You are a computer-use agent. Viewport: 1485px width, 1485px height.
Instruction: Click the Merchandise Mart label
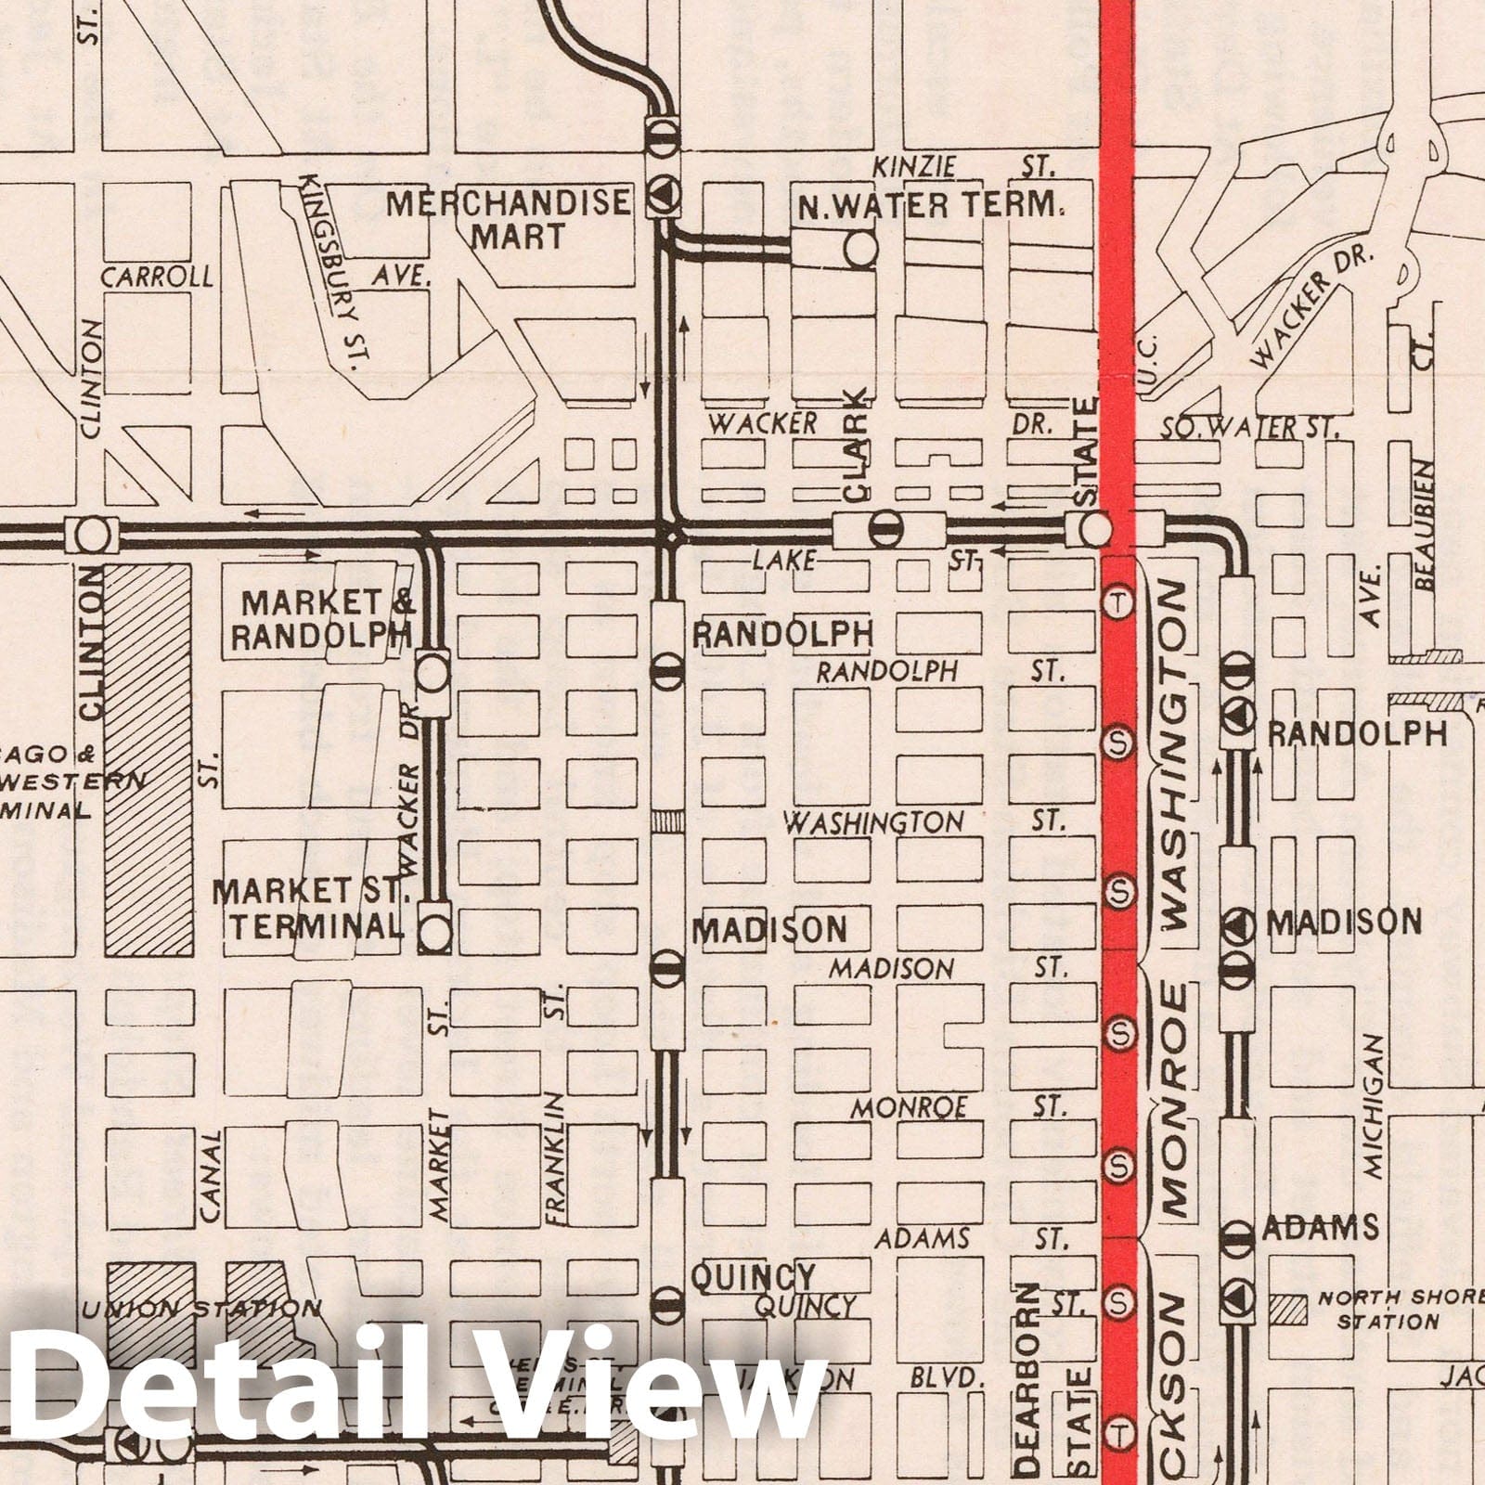(508, 219)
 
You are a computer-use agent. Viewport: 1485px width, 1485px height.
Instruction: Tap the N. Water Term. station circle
(860, 249)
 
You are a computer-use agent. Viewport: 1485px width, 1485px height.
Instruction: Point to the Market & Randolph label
(322, 619)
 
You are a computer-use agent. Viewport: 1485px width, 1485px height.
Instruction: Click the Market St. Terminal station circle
(434, 932)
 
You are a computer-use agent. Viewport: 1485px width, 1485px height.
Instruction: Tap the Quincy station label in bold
(753, 1277)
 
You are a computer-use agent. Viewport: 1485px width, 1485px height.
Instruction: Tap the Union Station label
(202, 1310)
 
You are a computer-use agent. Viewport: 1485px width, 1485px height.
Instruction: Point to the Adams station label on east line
(1320, 1228)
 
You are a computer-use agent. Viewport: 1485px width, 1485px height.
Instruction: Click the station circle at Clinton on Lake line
(92, 535)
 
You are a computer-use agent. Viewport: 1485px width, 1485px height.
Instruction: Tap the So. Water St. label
(1249, 429)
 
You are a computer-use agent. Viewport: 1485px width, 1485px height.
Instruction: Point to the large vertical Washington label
(1175, 756)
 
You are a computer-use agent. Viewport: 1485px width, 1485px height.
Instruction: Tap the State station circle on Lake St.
(1095, 529)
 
